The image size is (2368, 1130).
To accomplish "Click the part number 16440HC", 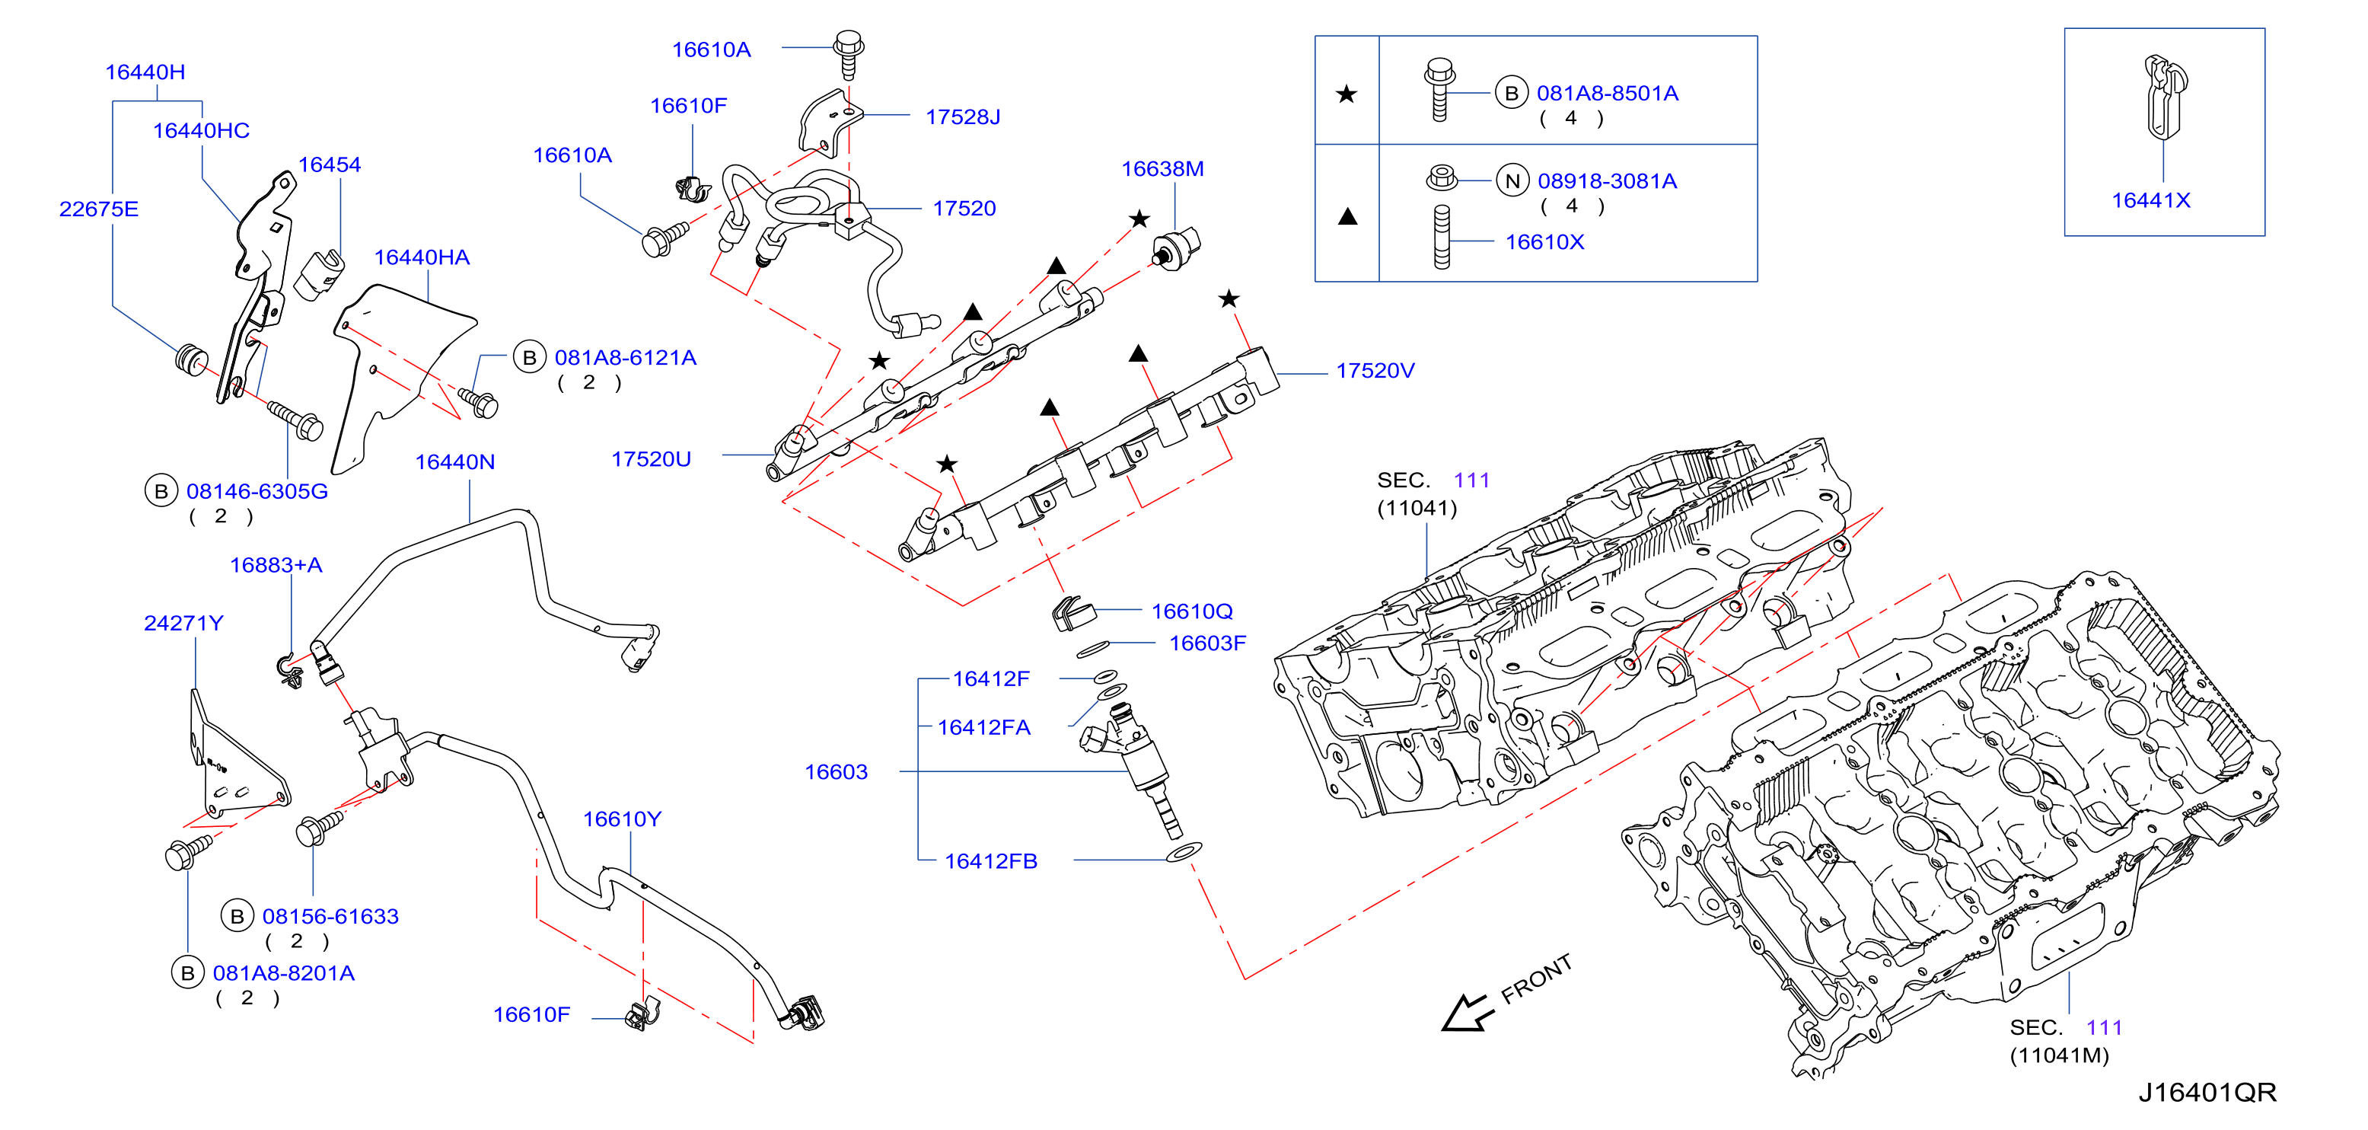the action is (201, 130).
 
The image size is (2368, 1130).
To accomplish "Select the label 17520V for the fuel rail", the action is (1375, 371).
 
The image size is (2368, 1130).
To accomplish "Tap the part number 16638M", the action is (1162, 169).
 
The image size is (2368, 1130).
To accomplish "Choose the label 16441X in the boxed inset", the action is (2151, 200).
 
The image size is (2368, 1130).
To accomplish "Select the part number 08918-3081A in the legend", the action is (1607, 181).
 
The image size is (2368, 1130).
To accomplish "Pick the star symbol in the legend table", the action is (1347, 94).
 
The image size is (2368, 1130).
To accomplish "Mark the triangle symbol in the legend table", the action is (1347, 217).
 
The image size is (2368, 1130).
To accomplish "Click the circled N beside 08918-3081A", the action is (1512, 181).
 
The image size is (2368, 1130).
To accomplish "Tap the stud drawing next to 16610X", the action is (1442, 238).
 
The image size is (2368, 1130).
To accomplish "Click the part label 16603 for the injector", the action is (836, 771).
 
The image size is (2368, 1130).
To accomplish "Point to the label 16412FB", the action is (991, 861).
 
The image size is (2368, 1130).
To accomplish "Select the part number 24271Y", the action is (184, 624).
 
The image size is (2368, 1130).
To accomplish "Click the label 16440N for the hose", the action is (455, 461).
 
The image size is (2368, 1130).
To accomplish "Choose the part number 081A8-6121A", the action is (625, 358).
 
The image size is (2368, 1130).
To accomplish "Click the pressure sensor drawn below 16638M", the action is (1176, 247).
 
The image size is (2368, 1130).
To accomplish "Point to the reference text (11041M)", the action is (2059, 1055).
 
